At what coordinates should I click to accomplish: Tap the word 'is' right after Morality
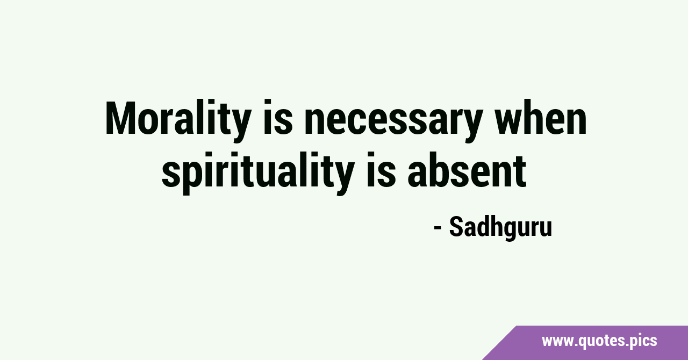click(x=278, y=117)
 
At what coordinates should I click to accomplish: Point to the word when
click(x=541, y=117)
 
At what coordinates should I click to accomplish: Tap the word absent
click(x=467, y=170)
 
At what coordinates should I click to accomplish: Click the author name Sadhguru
click(x=500, y=227)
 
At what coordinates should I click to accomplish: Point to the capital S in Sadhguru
click(x=457, y=226)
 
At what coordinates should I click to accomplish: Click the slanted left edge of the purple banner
click(x=499, y=343)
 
